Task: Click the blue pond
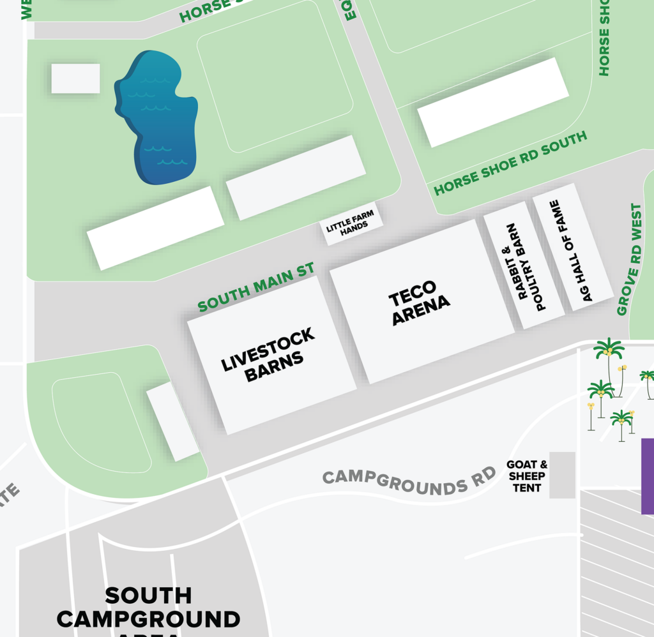[156, 118]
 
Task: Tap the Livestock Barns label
[269, 355]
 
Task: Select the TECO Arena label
[420, 303]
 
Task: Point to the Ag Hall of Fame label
[572, 250]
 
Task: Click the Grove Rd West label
[629, 259]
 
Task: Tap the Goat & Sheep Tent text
[527, 476]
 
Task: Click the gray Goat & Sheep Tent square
[562, 475]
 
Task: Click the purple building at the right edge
[647, 476]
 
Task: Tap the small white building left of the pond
[75, 79]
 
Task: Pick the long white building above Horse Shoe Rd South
[492, 102]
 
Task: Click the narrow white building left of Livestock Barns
[172, 421]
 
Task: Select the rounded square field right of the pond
[275, 77]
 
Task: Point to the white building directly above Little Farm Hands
[296, 177]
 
